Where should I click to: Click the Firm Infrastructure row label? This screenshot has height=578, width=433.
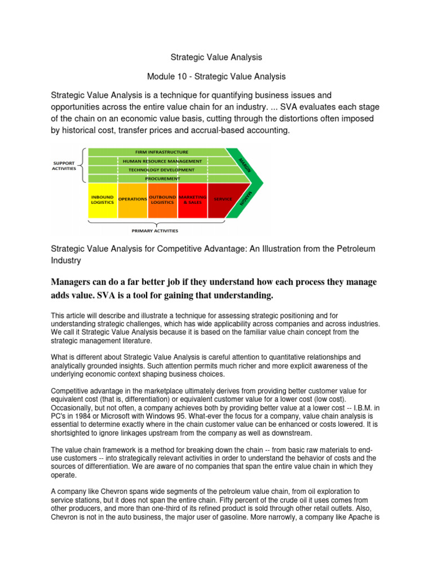click(161, 152)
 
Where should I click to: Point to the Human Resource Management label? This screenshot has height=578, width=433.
click(161, 161)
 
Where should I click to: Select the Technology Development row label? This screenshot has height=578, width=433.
click(161, 169)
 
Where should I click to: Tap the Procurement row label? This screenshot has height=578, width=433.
click(161, 178)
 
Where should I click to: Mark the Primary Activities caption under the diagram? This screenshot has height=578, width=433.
click(154, 230)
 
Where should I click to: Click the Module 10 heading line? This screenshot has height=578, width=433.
click(216, 76)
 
